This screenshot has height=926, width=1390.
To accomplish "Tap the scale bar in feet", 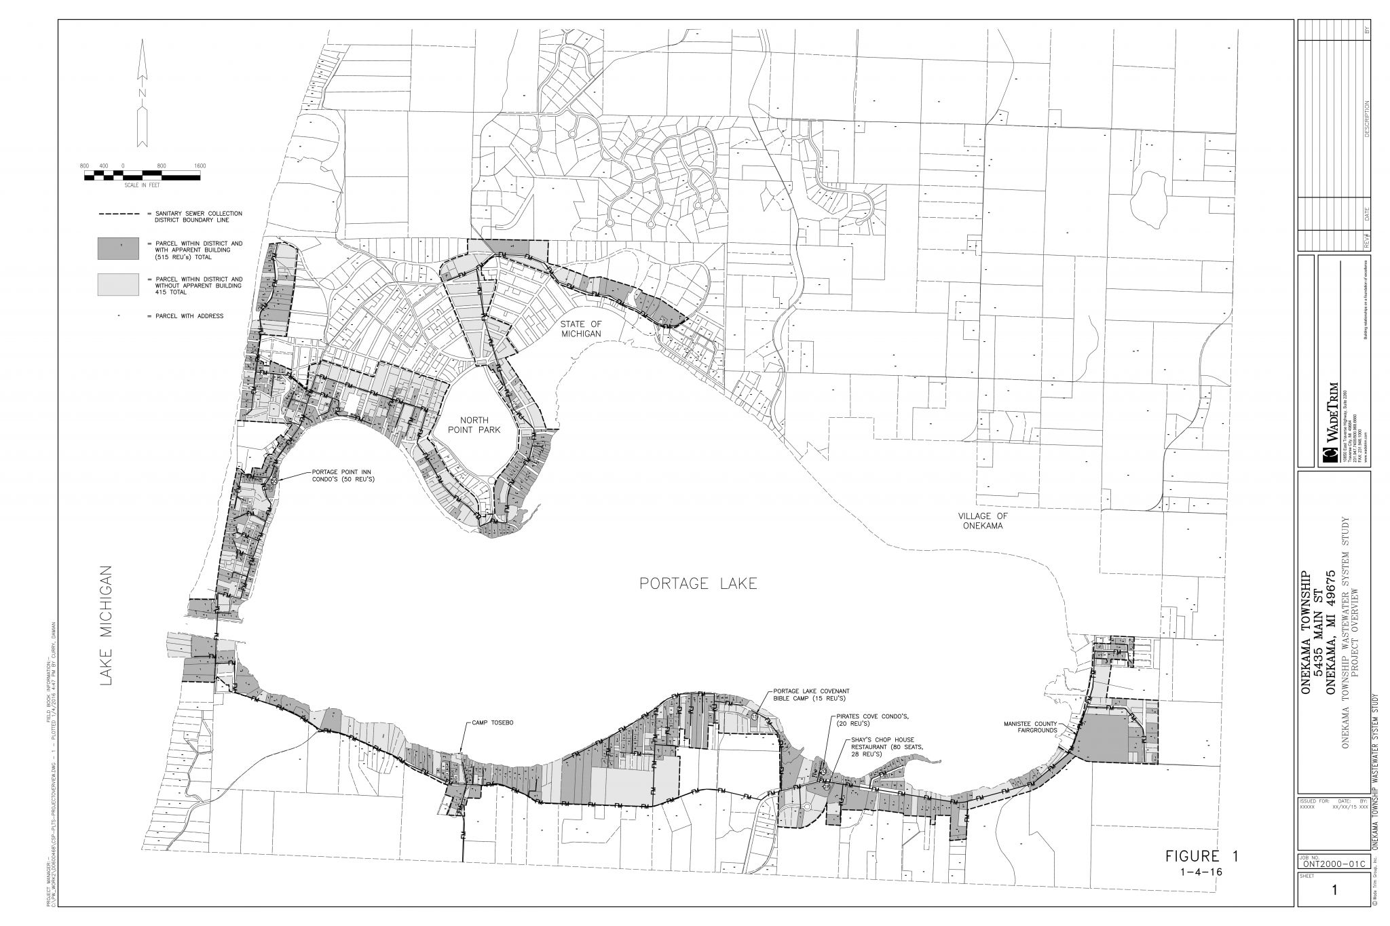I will point(143,176).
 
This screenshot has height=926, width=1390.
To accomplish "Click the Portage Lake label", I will point(698,583).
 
